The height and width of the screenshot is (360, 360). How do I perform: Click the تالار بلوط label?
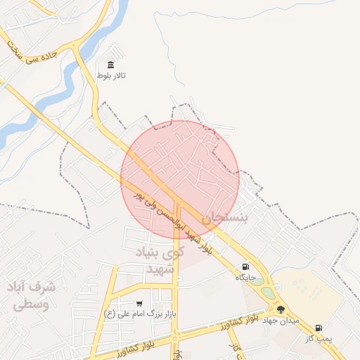tap(112, 73)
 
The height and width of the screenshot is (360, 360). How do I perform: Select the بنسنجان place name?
tap(225, 217)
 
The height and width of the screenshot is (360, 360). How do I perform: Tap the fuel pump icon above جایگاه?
tap(245, 266)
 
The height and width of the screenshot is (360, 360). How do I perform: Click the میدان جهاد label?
tap(281, 320)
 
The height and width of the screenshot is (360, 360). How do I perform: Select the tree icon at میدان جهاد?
tap(281, 309)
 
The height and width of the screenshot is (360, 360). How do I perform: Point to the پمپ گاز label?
tap(318, 338)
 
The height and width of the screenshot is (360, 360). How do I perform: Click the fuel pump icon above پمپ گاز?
tap(319, 328)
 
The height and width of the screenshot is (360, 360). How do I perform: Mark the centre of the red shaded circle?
tap(180, 180)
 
